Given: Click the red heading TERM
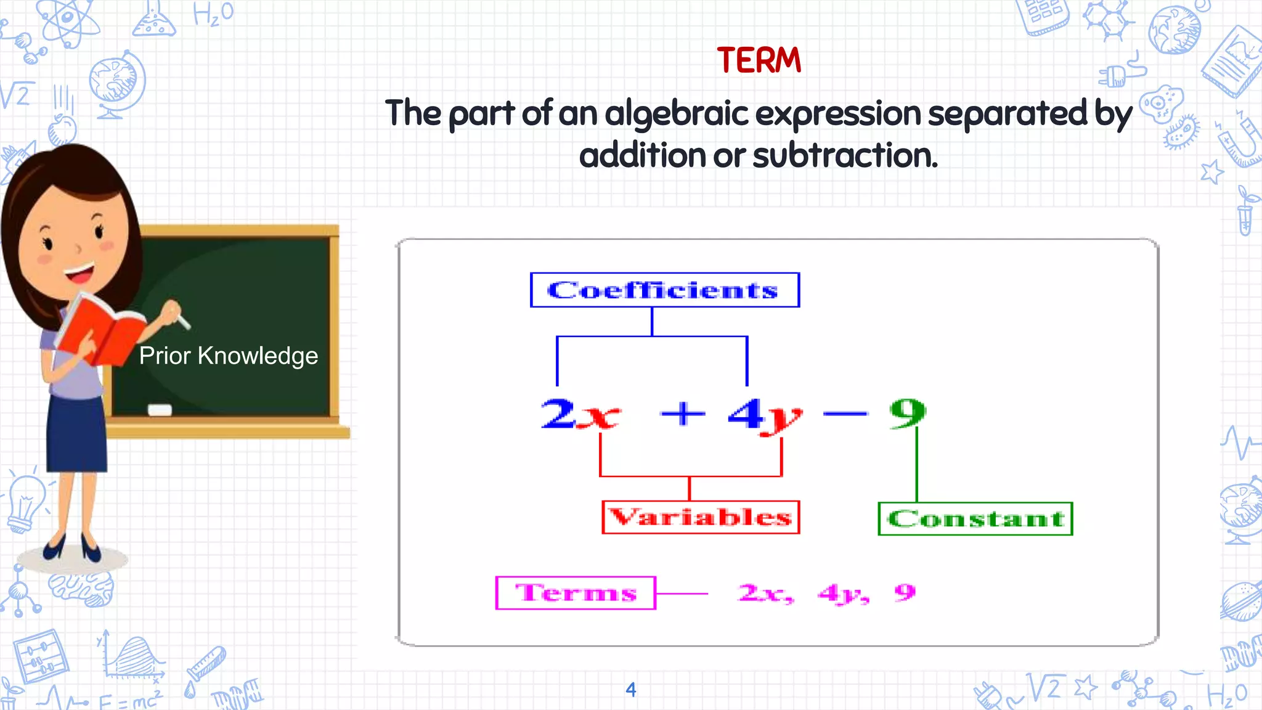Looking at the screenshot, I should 759,60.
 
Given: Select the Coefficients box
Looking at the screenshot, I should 664,290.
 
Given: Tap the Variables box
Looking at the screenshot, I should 701,517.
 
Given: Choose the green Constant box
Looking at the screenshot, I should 975,519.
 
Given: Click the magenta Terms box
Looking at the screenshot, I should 576,593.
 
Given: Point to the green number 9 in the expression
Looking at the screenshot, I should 907,413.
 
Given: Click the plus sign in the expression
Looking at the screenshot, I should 682,413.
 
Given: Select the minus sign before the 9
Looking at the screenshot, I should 845,414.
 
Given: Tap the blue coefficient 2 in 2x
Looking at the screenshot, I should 558,413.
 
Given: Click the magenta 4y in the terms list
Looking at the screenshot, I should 842,594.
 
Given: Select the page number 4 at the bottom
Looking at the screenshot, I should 630,689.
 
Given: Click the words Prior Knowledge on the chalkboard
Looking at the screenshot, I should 229,356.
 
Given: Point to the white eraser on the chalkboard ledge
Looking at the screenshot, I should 160,410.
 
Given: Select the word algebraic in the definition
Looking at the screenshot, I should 676,113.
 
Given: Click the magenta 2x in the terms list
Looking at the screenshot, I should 765,593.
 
